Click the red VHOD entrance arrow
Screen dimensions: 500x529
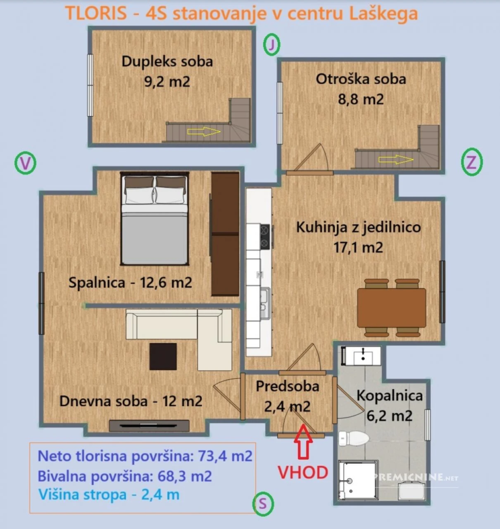pos(303,442)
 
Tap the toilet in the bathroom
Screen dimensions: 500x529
pos(353,438)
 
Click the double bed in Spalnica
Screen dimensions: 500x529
pos(155,219)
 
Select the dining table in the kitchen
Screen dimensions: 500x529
pos(392,307)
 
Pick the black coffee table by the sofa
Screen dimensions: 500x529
pos(163,356)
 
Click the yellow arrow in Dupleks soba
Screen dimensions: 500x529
pos(204,131)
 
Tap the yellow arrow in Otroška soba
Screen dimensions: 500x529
pos(396,160)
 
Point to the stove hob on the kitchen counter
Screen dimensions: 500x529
pos(265,236)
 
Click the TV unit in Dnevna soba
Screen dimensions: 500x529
pos(149,426)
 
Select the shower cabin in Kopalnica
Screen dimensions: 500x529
pos(358,481)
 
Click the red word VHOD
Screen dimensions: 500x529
pos(303,473)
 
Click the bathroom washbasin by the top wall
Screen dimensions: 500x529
pos(363,355)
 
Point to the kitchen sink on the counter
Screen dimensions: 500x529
pos(265,303)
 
